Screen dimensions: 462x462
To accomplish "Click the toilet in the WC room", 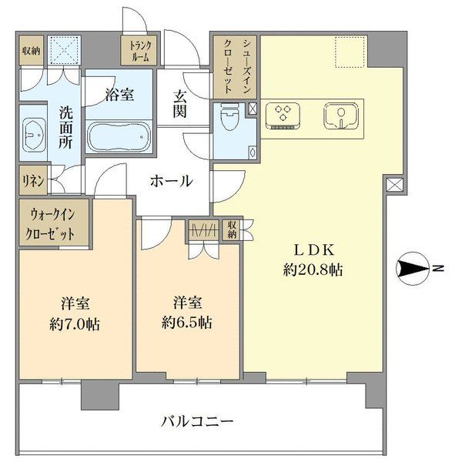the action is pos(229,116).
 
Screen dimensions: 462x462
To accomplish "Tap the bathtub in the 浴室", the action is pos(119,137).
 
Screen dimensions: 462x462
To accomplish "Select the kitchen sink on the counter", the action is pos(341,115).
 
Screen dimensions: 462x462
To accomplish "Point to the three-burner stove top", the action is pos(283,115).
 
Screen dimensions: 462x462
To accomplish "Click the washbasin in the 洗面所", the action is pos(33,135).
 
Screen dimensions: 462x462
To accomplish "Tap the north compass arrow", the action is pos(413,269).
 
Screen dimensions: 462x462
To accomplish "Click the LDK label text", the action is pos(314,250).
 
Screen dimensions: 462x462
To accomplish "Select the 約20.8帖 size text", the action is pos(313,269).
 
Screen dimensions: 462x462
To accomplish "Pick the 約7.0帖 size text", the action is pos(75,324).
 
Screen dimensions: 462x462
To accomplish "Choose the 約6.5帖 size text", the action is pos(187,323).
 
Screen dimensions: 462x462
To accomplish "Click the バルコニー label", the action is pos(197,421).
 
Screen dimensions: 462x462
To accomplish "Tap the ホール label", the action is pos(171,181).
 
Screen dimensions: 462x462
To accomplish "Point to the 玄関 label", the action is pos(179,105).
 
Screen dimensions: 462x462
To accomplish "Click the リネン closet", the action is pos(33,180).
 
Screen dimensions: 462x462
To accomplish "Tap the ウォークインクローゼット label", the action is pos(50,224).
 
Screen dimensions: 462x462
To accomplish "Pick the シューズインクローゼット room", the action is pos(235,67).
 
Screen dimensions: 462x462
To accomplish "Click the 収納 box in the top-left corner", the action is pos(32,50).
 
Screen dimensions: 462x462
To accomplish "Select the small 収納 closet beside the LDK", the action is pos(233,229).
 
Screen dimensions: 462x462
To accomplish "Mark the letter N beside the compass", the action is pos(440,269).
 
